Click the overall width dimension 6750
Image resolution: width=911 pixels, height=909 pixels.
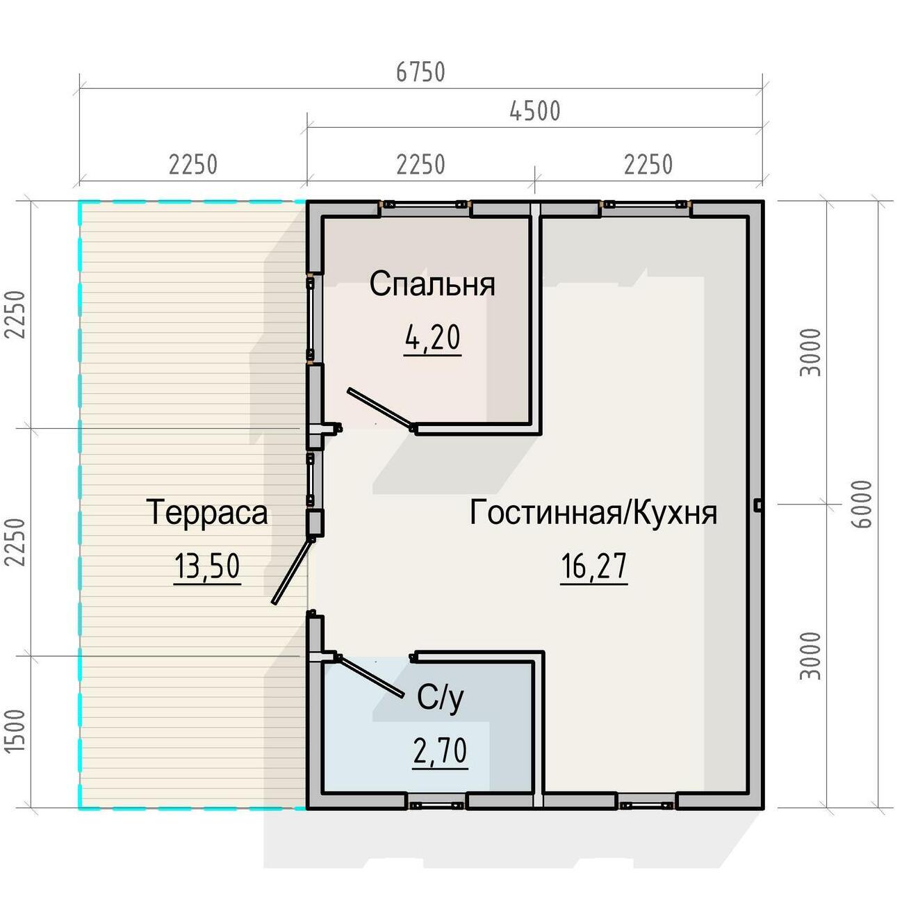pos(420,72)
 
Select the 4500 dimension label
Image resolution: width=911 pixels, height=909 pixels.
pos(534,111)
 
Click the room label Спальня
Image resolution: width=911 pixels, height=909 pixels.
pos(432,284)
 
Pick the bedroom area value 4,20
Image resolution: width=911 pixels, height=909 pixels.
pos(433,338)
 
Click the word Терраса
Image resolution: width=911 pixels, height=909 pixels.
pos(206,512)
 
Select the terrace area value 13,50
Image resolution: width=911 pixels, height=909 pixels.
pos(207,566)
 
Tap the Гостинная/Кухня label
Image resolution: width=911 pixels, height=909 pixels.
pos(593,512)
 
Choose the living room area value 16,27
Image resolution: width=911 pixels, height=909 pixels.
pos(593,566)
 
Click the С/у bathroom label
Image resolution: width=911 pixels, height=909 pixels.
pos(440,698)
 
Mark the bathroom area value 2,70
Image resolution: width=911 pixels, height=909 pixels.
pos(440,751)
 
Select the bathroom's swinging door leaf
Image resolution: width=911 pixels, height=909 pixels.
pos(370,676)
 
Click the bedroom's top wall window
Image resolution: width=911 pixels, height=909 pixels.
pos(426,204)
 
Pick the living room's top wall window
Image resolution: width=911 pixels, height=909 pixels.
pos(646,204)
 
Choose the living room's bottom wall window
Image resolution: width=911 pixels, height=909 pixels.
pos(646,805)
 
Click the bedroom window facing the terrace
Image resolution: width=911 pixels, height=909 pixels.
pos(310,318)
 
